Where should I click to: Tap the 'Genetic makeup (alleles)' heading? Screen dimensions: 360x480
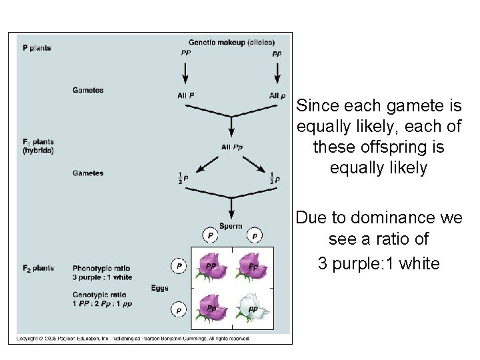click(x=231, y=43)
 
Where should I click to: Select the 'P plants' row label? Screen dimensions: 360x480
click(x=37, y=48)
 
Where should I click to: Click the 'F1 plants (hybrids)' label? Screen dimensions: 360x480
click(x=39, y=146)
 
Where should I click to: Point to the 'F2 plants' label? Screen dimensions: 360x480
click(x=39, y=268)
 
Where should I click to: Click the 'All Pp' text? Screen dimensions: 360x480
click(x=231, y=147)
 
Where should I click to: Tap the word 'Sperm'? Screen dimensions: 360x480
click(x=231, y=226)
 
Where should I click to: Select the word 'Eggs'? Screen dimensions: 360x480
click(x=159, y=288)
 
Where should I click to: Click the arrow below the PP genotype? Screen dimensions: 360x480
click(x=185, y=72)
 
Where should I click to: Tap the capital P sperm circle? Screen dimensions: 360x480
click(x=210, y=235)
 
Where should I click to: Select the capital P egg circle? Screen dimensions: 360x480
click(x=178, y=266)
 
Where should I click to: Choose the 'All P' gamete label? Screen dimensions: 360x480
click(x=186, y=95)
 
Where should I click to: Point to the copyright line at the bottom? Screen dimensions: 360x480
click(x=133, y=339)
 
